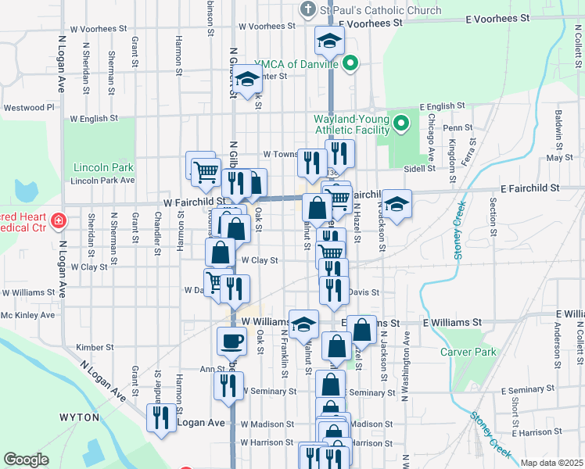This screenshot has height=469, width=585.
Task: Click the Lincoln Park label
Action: (103, 167)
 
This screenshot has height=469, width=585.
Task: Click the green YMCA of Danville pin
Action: (351, 64)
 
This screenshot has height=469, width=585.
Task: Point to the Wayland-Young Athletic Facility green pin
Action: (401, 123)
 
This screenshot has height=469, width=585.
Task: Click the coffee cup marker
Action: (231, 341)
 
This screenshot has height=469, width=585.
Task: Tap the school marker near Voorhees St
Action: (329, 41)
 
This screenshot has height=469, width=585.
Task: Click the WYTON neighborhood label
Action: (78, 417)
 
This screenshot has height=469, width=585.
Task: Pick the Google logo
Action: (26, 460)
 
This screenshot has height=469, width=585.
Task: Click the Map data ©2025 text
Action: (551, 463)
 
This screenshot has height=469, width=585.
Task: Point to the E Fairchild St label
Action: (530, 188)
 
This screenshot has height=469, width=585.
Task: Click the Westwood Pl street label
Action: (29, 107)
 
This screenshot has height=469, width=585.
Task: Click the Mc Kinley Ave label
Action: (28, 315)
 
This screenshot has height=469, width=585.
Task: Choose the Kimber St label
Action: (95, 347)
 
